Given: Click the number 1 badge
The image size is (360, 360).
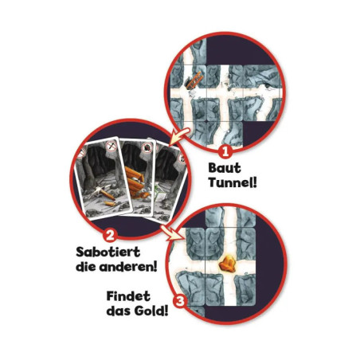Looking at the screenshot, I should point(225,149).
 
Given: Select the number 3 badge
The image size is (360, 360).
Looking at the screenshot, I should point(181,302).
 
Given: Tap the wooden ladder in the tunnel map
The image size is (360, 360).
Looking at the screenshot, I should point(194,80).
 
